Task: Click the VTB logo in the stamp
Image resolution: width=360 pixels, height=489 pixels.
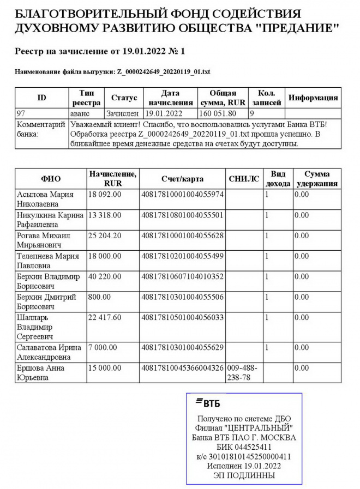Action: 207,403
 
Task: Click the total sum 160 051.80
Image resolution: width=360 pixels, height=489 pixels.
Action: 218,114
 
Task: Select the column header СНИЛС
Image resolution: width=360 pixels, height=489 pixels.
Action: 244,179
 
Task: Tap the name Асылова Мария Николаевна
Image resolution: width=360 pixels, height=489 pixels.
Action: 45,199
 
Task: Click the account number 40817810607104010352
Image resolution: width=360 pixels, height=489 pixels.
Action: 182,277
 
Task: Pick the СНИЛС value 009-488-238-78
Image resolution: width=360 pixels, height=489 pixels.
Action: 242,373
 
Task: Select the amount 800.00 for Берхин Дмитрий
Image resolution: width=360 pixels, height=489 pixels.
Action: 99,297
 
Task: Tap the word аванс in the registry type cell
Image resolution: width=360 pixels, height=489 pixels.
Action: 82,114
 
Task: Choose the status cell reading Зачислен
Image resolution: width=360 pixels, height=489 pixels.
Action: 123,114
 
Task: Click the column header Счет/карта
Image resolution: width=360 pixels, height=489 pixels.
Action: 182,179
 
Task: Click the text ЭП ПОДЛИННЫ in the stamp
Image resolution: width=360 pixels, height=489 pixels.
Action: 244,475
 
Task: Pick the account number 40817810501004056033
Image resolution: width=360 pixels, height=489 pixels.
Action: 182,318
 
